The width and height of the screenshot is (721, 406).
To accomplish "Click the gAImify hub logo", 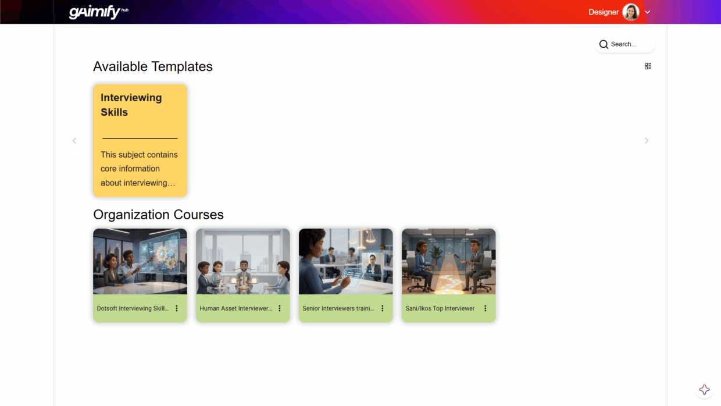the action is [x=98, y=12].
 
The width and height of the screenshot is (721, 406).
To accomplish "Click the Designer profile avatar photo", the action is [x=630, y=12].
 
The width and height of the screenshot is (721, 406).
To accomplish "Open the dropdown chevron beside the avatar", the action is [x=648, y=12].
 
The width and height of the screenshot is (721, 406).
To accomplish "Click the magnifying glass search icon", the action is [x=604, y=44].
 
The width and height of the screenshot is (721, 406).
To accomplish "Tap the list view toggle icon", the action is [x=648, y=66].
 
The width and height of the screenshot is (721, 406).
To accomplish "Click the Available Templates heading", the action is [x=153, y=67].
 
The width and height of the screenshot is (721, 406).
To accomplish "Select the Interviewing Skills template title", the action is [x=131, y=105].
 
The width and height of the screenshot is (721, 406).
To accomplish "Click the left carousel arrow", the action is [x=74, y=141].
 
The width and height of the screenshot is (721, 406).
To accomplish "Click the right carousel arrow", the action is [x=647, y=141].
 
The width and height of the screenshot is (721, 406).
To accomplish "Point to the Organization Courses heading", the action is [x=158, y=215].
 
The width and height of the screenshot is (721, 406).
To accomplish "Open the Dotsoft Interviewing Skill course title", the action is [x=133, y=308].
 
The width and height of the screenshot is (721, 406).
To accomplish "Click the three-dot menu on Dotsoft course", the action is [x=177, y=308].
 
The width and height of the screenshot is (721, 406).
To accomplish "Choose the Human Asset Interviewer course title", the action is [x=236, y=308].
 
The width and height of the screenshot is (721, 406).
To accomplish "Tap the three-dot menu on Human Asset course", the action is [x=279, y=308].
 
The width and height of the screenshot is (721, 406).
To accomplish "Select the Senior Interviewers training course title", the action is [x=338, y=308].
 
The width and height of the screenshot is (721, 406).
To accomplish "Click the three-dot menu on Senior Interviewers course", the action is [x=383, y=308].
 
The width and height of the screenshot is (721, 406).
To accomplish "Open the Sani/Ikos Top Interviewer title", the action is [x=440, y=308].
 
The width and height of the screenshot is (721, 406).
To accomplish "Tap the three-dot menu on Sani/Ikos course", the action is [x=485, y=308].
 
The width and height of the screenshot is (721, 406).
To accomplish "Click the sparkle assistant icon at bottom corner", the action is [x=704, y=390].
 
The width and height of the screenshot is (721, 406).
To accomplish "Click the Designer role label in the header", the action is [x=604, y=12].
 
